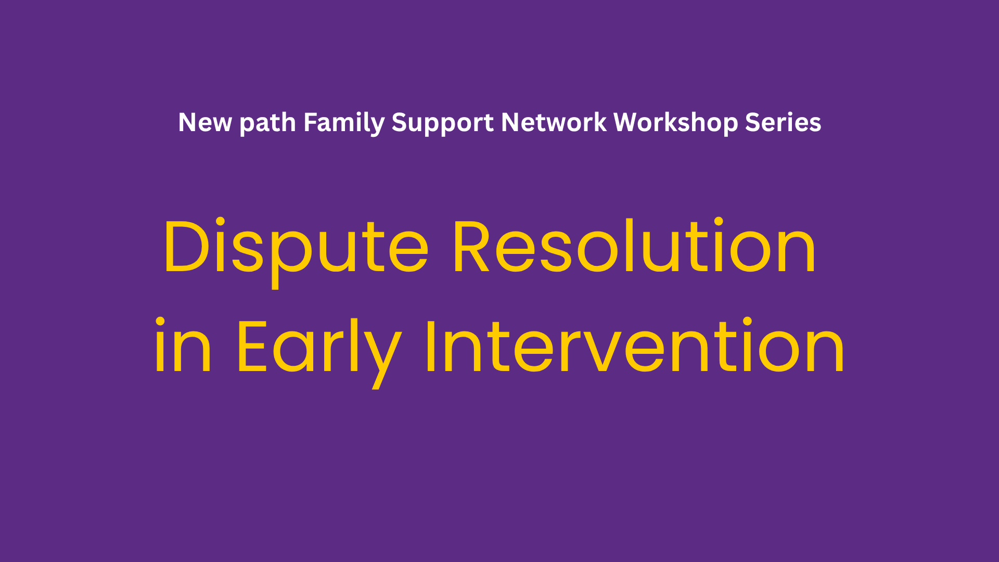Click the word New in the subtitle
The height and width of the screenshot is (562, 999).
205,123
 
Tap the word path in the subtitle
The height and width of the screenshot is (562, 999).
267,124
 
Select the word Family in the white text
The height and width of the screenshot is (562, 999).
344,124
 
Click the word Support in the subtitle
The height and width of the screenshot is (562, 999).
442,124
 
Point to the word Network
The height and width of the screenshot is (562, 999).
554,123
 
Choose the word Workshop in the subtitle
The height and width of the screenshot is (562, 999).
675,124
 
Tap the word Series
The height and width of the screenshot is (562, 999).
783,123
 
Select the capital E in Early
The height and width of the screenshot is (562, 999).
252,346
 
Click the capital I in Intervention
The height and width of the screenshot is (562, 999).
430,346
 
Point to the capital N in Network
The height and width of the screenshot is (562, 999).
511,123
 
